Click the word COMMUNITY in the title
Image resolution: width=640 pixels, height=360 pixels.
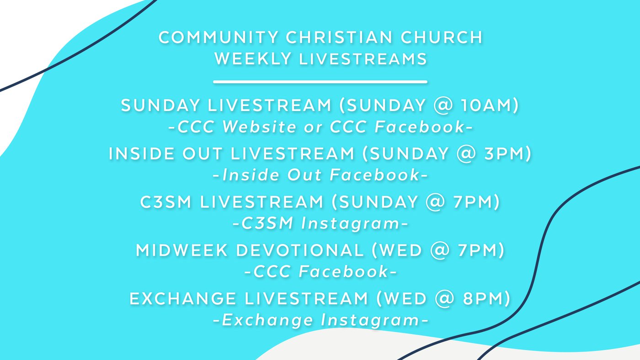pos(219,37)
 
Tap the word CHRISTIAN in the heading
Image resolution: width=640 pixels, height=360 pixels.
pos(339,37)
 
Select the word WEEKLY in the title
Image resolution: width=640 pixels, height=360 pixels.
pos(253,59)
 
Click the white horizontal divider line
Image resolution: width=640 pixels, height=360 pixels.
pos(320,82)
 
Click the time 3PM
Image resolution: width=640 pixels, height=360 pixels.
pos(504,154)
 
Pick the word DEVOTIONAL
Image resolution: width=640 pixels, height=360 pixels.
pos(300,250)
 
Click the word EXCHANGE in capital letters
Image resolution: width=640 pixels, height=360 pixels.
pos(183,299)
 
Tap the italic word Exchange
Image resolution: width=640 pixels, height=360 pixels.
pos(267,320)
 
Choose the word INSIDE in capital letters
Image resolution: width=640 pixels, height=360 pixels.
pos(142,154)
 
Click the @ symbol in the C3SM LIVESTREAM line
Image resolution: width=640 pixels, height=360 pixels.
pos(435,202)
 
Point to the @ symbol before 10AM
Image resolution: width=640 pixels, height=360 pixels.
pos(443,106)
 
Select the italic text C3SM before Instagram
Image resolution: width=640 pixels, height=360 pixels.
pos(267,223)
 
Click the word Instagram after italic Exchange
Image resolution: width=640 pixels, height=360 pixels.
pos(370,320)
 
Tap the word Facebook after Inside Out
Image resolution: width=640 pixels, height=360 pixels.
pos(374,175)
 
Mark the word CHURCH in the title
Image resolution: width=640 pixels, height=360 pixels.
pos(441,37)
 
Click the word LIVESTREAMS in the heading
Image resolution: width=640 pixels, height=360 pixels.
pos(363,59)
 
